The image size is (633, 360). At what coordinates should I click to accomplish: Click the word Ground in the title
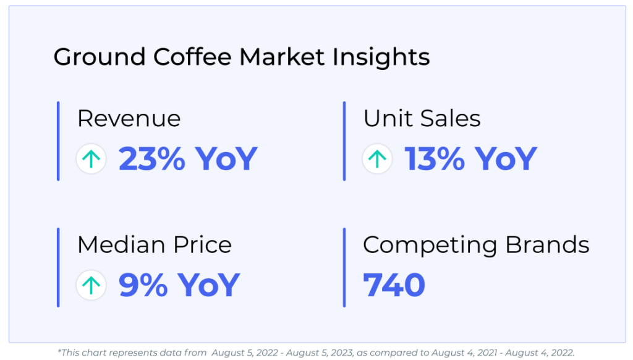tap(100, 57)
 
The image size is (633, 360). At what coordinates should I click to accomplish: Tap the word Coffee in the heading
tap(192, 56)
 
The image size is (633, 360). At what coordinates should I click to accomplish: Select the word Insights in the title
tap(381, 57)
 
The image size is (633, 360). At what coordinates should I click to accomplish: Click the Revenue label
tap(129, 118)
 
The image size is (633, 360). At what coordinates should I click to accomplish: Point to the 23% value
tap(152, 159)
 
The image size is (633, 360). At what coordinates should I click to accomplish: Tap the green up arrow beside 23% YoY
tap(91, 159)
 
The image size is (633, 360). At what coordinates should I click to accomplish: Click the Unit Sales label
tap(422, 118)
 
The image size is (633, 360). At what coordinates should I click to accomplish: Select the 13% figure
tap(435, 159)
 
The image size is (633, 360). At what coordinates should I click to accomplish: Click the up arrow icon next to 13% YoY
tap(377, 159)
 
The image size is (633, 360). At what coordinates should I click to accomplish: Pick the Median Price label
tap(155, 245)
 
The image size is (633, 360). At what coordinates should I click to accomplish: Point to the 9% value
tap(143, 285)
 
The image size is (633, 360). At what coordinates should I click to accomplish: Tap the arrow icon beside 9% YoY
tap(91, 285)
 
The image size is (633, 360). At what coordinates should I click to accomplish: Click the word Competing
tap(430, 246)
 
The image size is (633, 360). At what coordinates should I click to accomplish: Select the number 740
tap(394, 285)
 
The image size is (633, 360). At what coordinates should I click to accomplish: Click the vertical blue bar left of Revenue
tap(58, 141)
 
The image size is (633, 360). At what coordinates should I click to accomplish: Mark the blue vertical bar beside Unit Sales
tap(344, 141)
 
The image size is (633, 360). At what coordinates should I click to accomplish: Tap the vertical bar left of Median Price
tap(58, 267)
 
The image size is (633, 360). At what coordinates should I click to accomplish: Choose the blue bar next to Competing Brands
tap(344, 267)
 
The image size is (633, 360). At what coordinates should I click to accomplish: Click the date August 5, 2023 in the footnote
tap(320, 353)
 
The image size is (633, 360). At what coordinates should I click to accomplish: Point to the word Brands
tap(548, 245)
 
